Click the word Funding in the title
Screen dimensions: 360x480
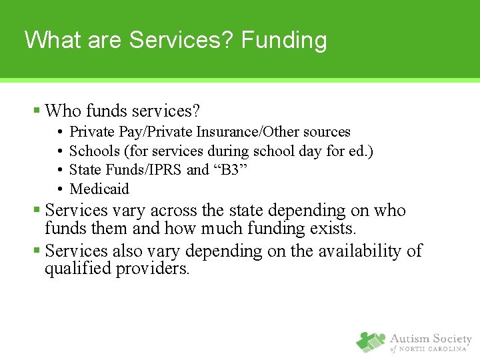pyautogui.click(x=284, y=41)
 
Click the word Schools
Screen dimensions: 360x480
pyautogui.click(x=93, y=151)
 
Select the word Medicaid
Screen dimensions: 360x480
pyautogui.click(x=99, y=189)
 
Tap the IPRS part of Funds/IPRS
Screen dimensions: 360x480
pyautogui.click(x=169, y=170)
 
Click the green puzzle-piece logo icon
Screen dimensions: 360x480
pyautogui.click(x=370, y=342)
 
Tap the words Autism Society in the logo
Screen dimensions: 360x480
pyautogui.click(x=431, y=339)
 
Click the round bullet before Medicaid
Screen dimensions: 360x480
pyautogui.click(x=60, y=189)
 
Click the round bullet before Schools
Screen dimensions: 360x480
pyautogui.click(x=60, y=151)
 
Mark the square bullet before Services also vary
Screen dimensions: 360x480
pyautogui.click(x=37, y=251)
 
